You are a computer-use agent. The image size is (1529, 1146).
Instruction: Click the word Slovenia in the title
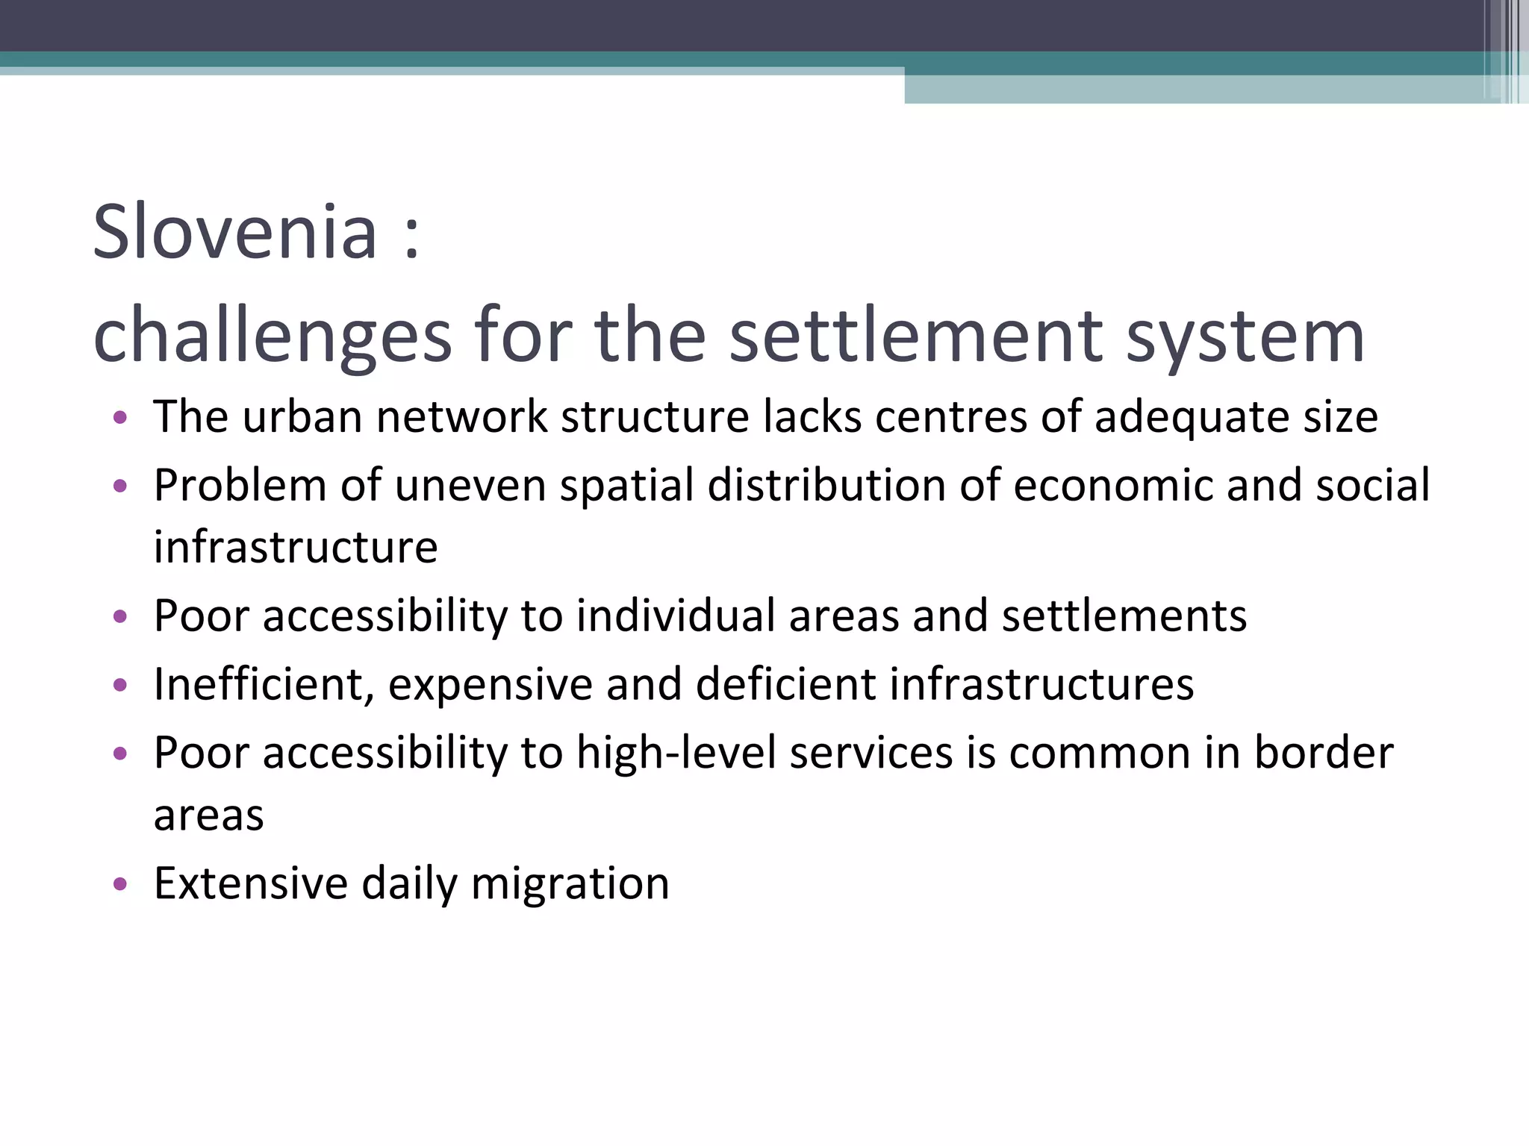234,233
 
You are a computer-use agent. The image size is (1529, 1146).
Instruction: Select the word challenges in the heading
273,337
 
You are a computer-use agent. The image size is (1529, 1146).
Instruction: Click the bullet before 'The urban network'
120,417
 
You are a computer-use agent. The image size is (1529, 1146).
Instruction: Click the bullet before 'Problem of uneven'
120,486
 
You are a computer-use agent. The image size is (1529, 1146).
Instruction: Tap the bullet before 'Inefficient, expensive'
120,685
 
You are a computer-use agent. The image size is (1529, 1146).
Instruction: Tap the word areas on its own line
209,815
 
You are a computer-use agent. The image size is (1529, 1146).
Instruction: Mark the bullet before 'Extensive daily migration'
120,884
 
